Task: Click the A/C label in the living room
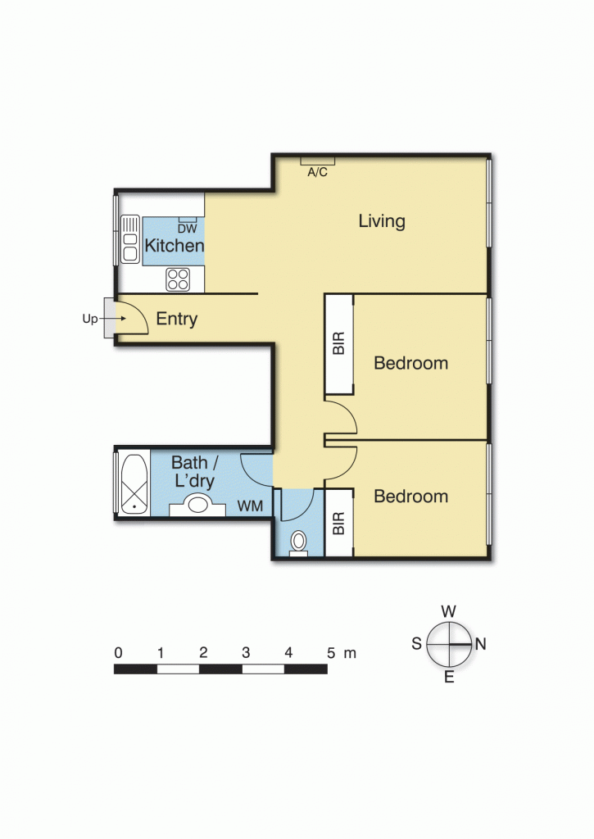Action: tap(318, 172)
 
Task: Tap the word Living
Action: tap(382, 221)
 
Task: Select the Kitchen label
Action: tap(174, 246)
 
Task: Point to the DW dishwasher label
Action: tap(188, 229)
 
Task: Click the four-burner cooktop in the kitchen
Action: tap(178, 279)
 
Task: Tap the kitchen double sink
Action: tap(129, 239)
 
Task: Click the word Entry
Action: tap(177, 320)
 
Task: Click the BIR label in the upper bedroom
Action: tap(339, 344)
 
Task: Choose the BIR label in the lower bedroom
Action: tap(339, 524)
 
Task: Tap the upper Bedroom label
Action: tap(410, 363)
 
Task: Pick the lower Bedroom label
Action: tap(410, 497)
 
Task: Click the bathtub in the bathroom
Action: tap(132, 483)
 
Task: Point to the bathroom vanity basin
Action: tap(197, 505)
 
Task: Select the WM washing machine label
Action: tap(250, 507)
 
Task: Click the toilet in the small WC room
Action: tap(298, 542)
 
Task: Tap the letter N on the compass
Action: tap(480, 644)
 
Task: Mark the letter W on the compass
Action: tap(448, 611)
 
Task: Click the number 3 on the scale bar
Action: tap(246, 653)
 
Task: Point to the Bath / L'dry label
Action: tap(193, 472)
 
